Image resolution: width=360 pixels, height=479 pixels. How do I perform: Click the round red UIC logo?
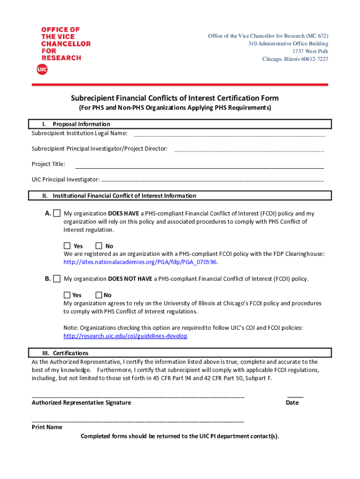[42, 70]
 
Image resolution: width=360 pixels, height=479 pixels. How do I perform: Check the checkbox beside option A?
[57, 213]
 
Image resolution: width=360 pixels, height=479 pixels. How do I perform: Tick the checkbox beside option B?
[57, 279]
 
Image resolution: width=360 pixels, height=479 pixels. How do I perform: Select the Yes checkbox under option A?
[67, 246]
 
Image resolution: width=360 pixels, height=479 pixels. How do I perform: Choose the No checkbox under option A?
[99, 246]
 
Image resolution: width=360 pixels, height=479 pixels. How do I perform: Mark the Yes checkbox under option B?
[67, 295]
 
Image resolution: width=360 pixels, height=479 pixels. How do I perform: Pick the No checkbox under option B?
[99, 295]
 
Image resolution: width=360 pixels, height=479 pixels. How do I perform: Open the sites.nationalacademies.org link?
[140, 262]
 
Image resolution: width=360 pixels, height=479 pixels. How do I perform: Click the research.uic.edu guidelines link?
[125, 336]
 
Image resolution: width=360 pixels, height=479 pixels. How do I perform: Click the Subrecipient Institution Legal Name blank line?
[229, 135]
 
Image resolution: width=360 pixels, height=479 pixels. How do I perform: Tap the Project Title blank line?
[200, 167]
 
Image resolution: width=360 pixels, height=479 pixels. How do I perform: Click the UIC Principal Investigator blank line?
[212, 180]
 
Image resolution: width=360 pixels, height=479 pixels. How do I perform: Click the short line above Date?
[295, 396]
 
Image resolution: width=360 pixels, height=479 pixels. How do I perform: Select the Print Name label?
[47, 427]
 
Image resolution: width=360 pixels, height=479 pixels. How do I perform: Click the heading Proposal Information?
[81, 124]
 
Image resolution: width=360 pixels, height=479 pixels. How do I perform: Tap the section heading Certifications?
[71, 353]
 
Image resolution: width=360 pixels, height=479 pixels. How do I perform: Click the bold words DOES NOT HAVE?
[130, 279]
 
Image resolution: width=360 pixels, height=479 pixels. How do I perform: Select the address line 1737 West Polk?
[310, 51]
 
